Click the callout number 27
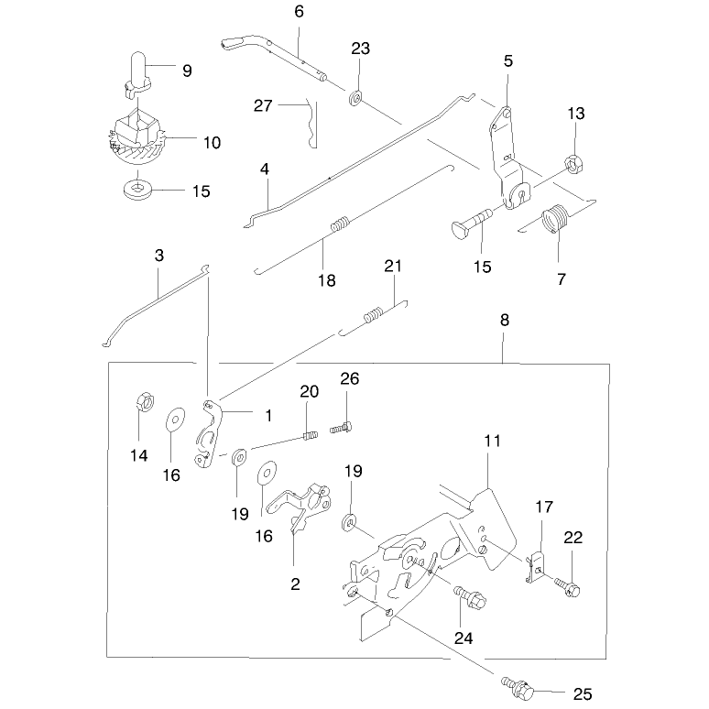pyautogui.click(x=263, y=106)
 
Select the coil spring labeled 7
pyautogui.click(x=554, y=218)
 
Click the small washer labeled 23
pyautogui.click(x=355, y=98)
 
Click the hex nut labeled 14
pyautogui.click(x=145, y=401)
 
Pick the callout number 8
pyautogui.click(x=505, y=320)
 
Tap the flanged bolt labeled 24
pyautogui.click(x=470, y=597)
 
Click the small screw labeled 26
pyautogui.click(x=341, y=427)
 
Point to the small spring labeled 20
pyautogui.click(x=310, y=435)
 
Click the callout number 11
pyautogui.click(x=493, y=442)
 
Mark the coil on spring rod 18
pyautogui.click(x=341, y=224)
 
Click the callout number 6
pyautogui.click(x=299, y=12)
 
